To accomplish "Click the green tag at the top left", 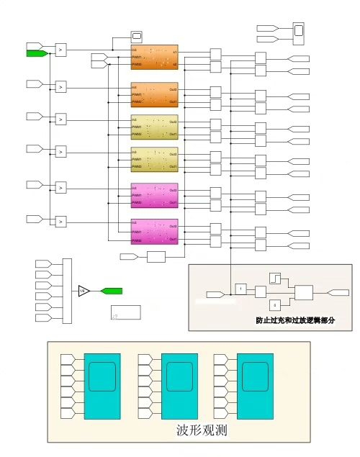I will pos(36,53).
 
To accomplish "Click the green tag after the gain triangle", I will pos(111,291).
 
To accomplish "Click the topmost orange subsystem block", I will pos(153,58).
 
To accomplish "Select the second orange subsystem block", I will pos(153,95).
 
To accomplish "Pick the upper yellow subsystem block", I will pos(153,127).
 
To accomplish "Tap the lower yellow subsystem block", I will pos(153,160).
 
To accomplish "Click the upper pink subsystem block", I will pos(153,196).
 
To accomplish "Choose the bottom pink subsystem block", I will pos(153,232).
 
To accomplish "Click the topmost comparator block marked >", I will pos(61,50).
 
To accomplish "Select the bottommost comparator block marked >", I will pos(61,221).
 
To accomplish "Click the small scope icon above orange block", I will pos(137,36).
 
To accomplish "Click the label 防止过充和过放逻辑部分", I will pos(295,320).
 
